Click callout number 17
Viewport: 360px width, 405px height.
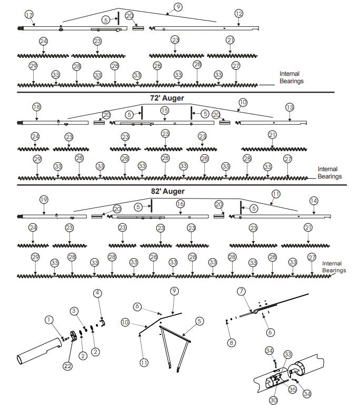tap(29, 14)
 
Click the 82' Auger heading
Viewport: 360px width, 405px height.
tap(167, 191)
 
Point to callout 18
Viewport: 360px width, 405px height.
tap(36, 107)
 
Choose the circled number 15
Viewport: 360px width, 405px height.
tap(165, 110)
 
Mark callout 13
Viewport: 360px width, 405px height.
tap(290, 107)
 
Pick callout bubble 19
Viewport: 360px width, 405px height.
tap(44, 200)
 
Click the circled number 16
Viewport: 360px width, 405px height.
tap(180, 203)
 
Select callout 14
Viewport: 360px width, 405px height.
tap(314, 201)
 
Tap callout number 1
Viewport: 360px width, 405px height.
tap(49, 319)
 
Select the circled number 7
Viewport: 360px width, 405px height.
tap(242, 291)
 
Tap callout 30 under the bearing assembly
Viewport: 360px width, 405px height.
tap(273, 400)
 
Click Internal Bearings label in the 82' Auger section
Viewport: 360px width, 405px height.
tap(333, 266)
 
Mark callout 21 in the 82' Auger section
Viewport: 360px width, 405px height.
tap(308, 228)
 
